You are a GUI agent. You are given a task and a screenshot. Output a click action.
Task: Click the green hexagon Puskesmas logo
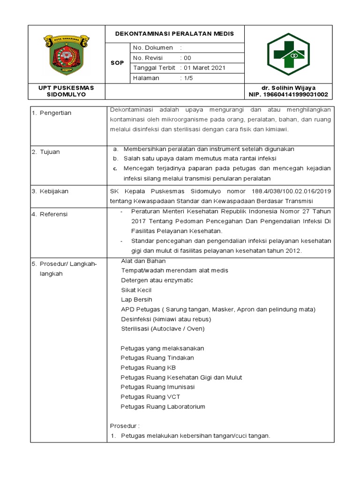[288, 54]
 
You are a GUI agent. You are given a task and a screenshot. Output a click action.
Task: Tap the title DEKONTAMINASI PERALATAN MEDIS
[175, 34]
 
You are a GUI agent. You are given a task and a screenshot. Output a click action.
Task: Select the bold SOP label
[117, 63]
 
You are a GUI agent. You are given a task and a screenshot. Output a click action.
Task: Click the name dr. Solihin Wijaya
[288, 88]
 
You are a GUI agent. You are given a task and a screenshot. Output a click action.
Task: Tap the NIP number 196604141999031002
[288, 95]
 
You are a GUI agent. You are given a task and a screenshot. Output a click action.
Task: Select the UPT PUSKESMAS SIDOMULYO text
[66, 91]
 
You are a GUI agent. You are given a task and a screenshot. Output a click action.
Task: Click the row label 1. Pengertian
[52, 113]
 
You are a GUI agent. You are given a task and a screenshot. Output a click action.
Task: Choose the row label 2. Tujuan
[46, 152]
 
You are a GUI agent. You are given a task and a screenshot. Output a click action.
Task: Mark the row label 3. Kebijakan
[50, 191]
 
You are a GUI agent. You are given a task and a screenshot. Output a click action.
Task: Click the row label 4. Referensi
[50, 214]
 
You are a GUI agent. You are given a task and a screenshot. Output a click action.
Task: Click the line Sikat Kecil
[136, 290]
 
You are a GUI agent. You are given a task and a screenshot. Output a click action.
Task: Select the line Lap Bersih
[136, 300]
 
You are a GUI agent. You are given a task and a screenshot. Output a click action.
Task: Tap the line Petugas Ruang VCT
[150, 397]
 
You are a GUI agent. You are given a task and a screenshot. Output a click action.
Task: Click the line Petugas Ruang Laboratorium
[163, 407]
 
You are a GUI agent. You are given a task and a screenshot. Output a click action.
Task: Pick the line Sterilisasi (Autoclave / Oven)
[163, 329]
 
